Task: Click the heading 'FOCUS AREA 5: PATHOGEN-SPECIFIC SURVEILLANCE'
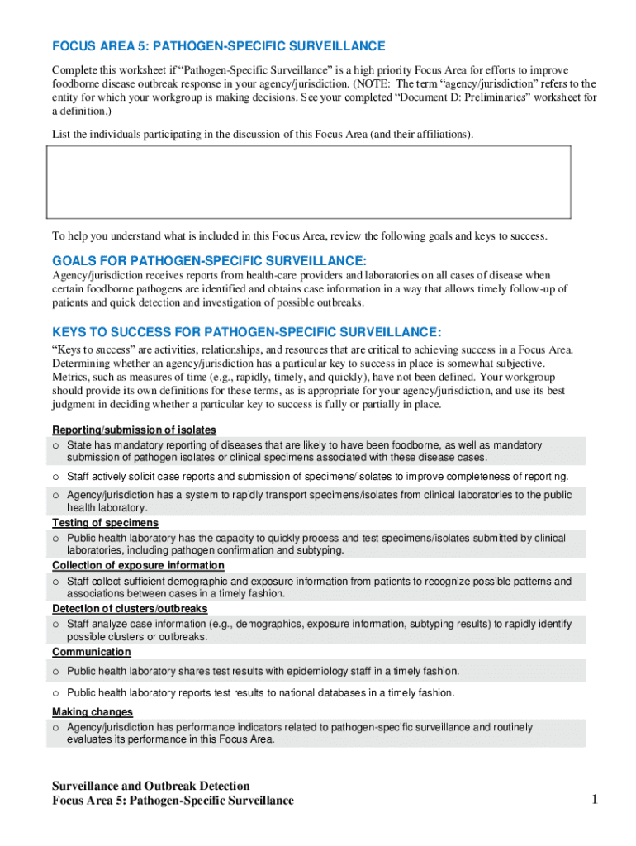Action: point(219,46)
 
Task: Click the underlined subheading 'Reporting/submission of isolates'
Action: point(134,430)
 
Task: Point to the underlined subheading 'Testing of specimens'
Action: point(105,523)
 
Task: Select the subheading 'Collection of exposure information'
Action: point(138,565)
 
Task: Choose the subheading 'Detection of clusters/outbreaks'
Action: point(130,609)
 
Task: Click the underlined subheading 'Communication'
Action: point(91,653)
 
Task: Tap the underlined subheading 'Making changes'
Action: point(93,712)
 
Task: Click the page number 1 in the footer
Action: point(594,799)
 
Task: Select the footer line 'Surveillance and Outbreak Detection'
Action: point(151,786)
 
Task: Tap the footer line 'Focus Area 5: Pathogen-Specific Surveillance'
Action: point(173,801)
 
